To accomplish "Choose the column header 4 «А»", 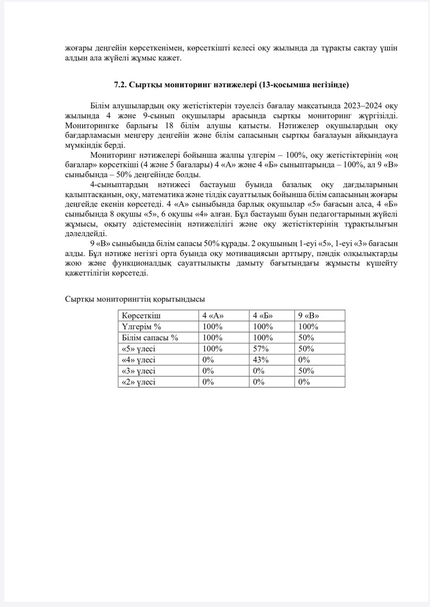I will point(213,316).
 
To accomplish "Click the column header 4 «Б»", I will point(263,316).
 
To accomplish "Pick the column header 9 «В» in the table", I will point(309,316).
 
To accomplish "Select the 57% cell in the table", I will point(261,349).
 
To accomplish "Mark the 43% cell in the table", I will point(261,360).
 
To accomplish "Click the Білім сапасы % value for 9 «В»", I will point(306,338).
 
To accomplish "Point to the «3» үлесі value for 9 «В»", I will point(306,371).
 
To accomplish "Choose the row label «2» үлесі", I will point(138,382).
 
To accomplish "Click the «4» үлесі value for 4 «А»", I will point(208,360).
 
